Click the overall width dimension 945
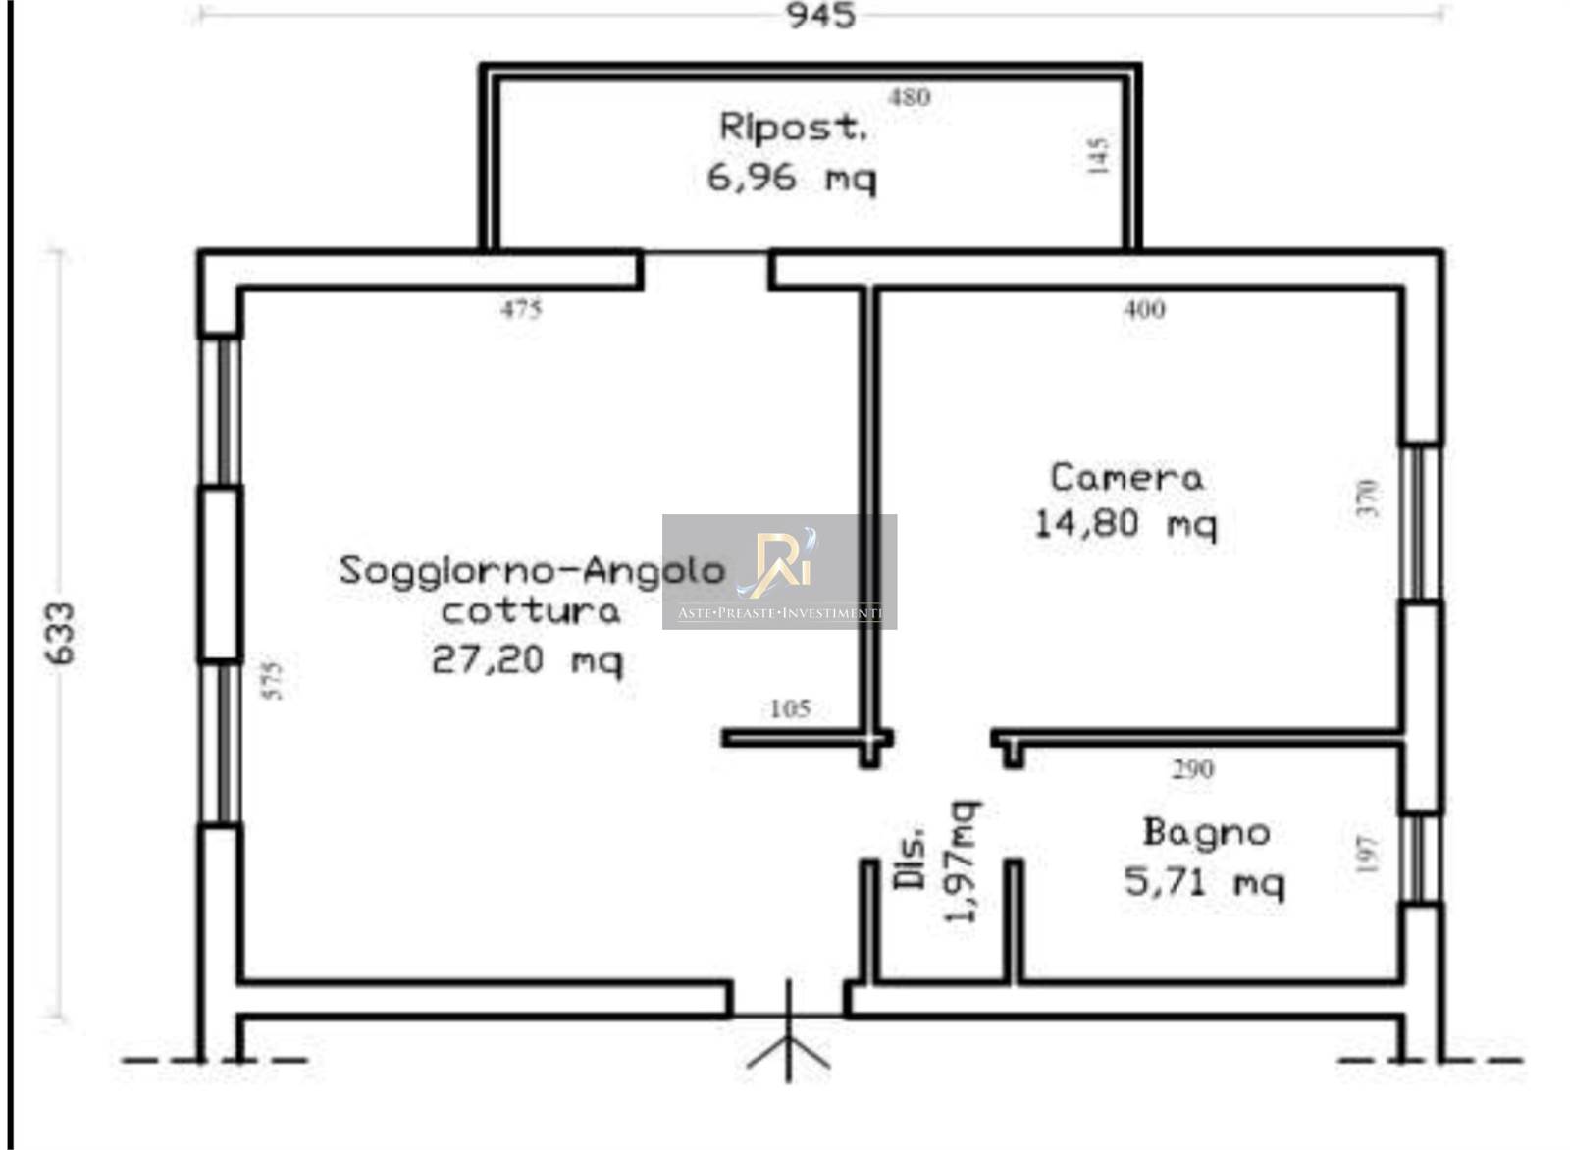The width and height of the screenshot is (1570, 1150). click(820, 16)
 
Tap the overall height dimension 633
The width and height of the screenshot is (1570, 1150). click(60, 634)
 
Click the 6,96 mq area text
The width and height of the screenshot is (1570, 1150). click(791, 178)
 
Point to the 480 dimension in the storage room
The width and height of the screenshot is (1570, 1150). click(909, 97)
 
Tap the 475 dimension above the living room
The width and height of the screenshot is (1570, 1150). click(521, 309)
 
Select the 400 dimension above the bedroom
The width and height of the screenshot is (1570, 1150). click(1144, 309)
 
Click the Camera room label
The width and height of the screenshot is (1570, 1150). click(1127, 477)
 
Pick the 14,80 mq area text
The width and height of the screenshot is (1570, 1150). click(1125, 524)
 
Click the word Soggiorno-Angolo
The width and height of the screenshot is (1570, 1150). click(532, 571)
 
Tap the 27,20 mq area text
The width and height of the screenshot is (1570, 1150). click(526, 660)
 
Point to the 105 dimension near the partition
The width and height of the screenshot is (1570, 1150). click(791, 709)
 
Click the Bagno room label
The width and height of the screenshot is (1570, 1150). click(1206, 832)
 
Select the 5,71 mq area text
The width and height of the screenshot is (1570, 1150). click(1205, 881)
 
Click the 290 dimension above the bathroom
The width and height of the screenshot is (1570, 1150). click(1193, 769)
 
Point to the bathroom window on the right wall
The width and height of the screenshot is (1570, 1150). click(1421, 860)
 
